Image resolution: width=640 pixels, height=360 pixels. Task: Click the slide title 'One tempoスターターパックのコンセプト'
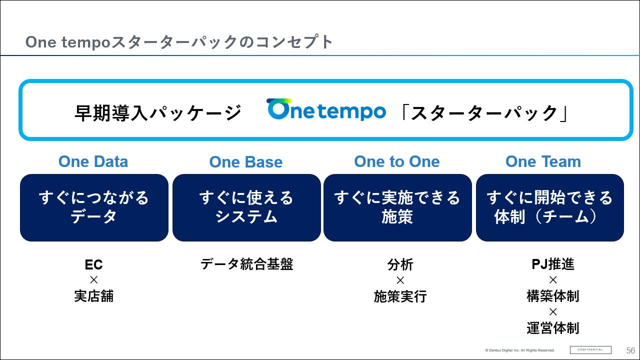(x=179, y=42)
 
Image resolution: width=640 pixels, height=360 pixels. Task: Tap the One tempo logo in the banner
(x=326, y=110)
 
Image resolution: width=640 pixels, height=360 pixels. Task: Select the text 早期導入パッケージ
(x=158, y=112)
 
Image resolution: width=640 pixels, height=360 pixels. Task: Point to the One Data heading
(x=93, y=161)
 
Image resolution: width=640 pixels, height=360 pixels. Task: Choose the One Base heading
(x=245, y=162)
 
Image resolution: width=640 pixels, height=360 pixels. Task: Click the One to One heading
(x=396, y=161)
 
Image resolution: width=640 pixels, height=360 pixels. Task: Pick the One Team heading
(x=543, y=161)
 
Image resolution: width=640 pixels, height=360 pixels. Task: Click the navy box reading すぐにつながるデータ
(x=94, y=207)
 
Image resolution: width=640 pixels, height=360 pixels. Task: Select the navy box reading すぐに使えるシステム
(x=246, y=207)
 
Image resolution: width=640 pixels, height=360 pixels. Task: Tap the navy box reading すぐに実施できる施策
(x=397, y=207)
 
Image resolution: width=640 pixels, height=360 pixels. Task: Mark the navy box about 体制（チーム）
(x=549, y=207)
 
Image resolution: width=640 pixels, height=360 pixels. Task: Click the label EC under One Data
(x=93, y=264)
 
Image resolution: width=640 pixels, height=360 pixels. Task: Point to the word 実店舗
(x=93, y=296)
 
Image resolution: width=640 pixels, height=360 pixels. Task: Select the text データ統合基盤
(x=246, y=264)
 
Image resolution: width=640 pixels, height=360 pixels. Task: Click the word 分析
(x=400, y=264)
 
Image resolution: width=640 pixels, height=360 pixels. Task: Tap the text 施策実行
(x=400, y=296)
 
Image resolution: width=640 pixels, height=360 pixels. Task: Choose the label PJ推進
(x=552, y=264)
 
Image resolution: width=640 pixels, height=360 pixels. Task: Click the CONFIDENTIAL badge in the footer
(x=590, y=349)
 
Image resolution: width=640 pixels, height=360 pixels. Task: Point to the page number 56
(x=630, y=350)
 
